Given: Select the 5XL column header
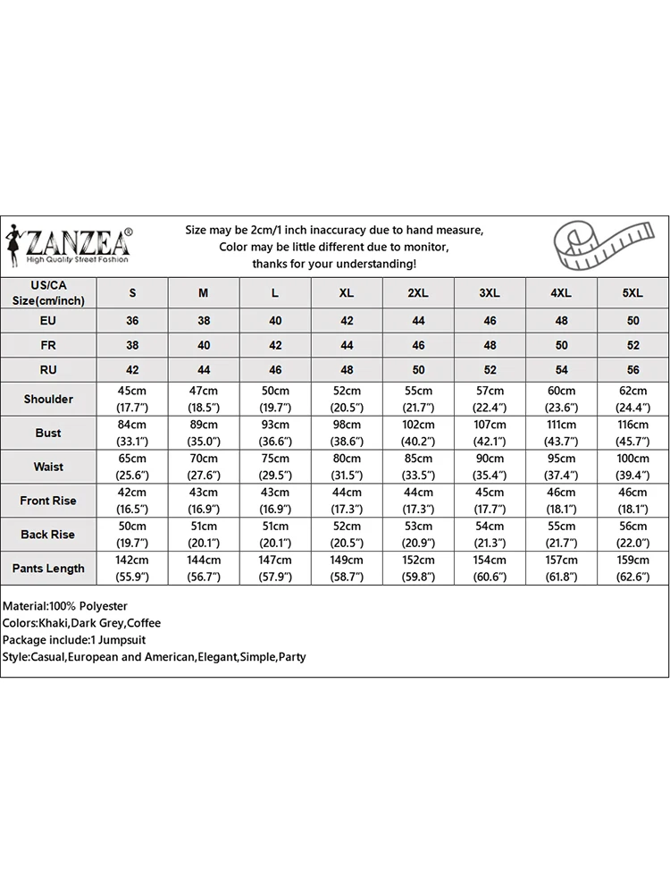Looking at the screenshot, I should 632,293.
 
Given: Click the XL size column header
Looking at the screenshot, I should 347,293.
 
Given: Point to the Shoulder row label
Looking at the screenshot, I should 48,399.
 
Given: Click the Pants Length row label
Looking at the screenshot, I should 48,568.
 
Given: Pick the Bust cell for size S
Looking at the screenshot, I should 132,433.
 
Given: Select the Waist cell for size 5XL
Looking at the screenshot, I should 632,467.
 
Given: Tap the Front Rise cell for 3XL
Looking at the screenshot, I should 490,501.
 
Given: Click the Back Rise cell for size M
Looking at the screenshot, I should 204,535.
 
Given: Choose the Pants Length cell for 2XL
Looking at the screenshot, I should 418,568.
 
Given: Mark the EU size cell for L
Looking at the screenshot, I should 275,320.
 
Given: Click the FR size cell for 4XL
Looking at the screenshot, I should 561,345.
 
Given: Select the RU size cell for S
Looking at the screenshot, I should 132,370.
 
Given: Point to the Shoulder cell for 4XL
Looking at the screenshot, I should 561,399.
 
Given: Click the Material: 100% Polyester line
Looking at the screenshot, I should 65,606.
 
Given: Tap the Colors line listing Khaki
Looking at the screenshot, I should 81,623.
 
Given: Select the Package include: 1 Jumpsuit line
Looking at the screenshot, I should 74,640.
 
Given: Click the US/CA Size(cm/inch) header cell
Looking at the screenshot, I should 48,292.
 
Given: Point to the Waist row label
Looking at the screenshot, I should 48,467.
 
